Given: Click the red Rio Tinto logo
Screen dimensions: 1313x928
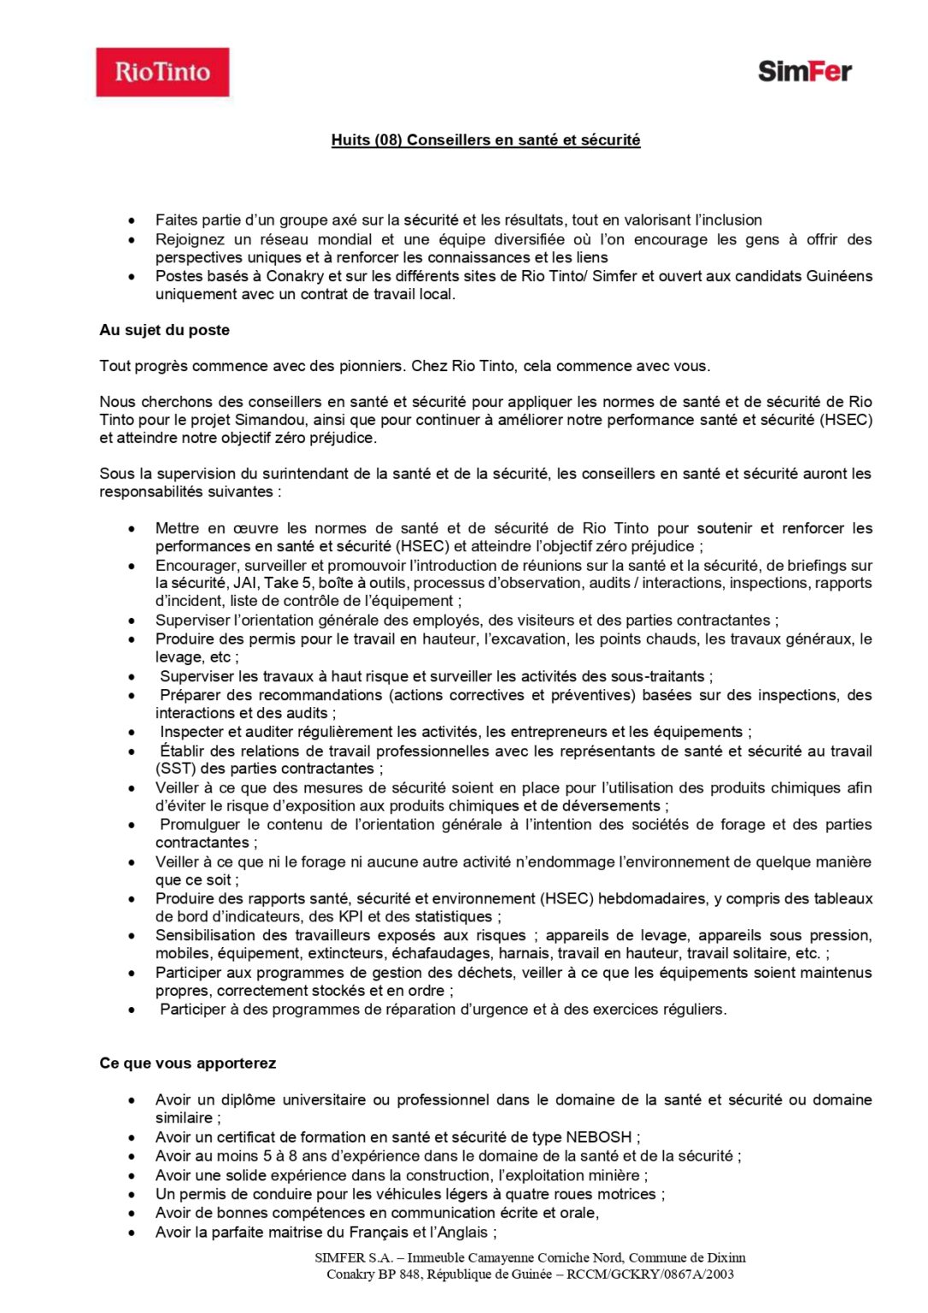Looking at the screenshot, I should (x=162, y=72).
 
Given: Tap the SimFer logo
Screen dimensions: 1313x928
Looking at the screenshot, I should (x=804, y=71).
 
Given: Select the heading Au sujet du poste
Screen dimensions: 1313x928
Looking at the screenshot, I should (x=164, y=330).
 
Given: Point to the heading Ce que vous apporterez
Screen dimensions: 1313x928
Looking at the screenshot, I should (x=187, y=1063).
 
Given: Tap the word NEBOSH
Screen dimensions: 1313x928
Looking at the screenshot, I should (x=599, y=1137).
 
